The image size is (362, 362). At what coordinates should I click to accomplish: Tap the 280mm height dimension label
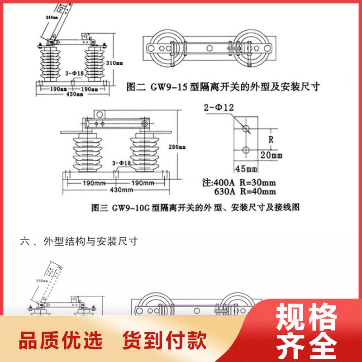coord(179,147)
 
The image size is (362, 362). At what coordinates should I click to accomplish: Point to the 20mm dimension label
coord(270,155)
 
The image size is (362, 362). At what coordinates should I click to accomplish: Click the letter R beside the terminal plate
coord(271,139)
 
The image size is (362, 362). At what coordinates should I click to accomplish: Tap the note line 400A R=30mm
coord(238,183)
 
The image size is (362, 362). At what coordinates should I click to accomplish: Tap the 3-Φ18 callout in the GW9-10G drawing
coord(121,163)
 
